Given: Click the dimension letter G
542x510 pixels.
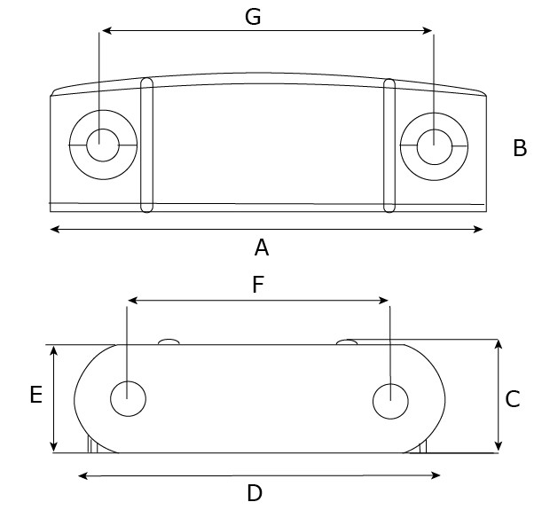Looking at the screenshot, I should (253, 17).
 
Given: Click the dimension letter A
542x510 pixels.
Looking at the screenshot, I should (261, 247).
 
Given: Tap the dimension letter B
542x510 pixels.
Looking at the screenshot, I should (520, 148).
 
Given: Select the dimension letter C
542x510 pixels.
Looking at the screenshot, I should (512, 399).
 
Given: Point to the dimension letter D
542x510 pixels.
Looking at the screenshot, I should (255, 493).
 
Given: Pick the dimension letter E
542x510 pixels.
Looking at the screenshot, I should (35, 395).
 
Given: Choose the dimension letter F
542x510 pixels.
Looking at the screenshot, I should (258, 285).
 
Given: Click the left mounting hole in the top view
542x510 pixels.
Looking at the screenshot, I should (102, 144).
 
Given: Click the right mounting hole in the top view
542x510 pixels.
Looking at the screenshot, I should (433, 145).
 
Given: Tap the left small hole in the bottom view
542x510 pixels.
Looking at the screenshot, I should (128, 399).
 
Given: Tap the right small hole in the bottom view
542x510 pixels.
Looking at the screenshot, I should (389, 401).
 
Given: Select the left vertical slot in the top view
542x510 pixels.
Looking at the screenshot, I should (147, 145).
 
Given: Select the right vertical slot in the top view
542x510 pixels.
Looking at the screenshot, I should (389, 145).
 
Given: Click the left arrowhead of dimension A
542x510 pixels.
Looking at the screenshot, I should (54, 230).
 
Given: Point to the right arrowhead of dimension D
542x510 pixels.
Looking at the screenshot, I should (436, 476).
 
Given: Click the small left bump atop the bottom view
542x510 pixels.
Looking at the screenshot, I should (169, 341).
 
